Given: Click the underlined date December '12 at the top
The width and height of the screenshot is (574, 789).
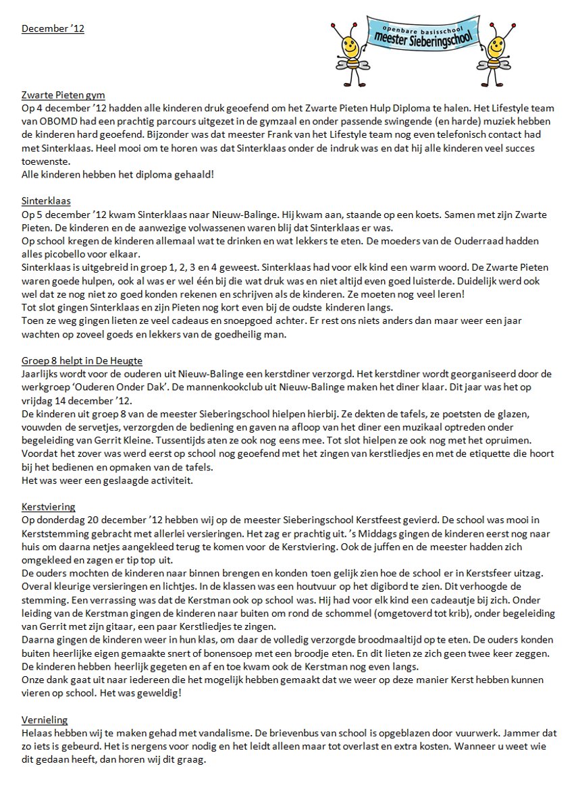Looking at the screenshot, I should coord(53,28).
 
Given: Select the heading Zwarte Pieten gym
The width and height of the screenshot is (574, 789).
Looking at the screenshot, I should coord(63,95).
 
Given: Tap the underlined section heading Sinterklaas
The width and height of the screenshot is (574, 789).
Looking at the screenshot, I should coord(46,201).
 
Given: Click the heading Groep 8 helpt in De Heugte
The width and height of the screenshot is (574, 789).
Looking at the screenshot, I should coord(82,360).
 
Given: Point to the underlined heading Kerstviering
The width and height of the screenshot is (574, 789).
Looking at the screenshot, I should coord(48,507).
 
